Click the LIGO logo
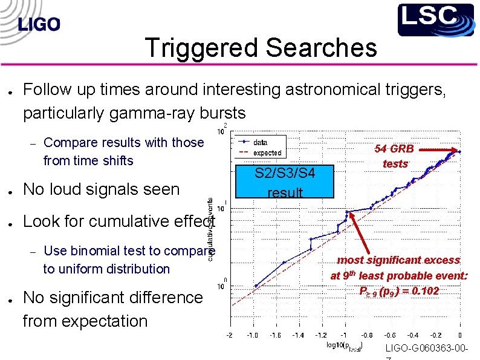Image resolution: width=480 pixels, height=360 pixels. (39, 24)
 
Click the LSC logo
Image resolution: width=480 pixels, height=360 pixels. (435, 19)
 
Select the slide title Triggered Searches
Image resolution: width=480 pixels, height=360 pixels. (261, 48)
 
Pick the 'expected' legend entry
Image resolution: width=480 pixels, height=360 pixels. (267, 153)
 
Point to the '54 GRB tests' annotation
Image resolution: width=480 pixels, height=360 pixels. (395, 155)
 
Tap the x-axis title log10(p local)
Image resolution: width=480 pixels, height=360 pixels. (343, 347)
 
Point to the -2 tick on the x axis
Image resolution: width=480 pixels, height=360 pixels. (229, 335)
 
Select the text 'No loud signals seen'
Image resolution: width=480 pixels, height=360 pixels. (101, 189)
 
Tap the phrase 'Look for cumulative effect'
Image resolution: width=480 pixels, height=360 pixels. (118, 221)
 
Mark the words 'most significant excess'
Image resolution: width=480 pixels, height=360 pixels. (398, 260)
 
